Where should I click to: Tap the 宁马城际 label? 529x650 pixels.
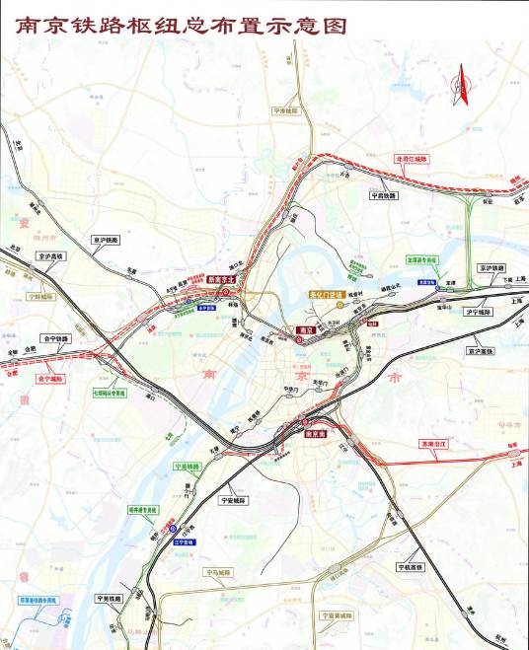point(216,572)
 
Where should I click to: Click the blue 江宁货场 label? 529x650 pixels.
point(184,542)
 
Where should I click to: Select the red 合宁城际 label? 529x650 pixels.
point(49,378)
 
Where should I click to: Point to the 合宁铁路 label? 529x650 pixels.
point(55,338)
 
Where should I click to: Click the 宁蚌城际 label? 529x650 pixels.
point(42,295)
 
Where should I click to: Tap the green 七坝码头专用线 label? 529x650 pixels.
point(111,393)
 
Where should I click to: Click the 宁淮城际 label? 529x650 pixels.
point(285,111)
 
